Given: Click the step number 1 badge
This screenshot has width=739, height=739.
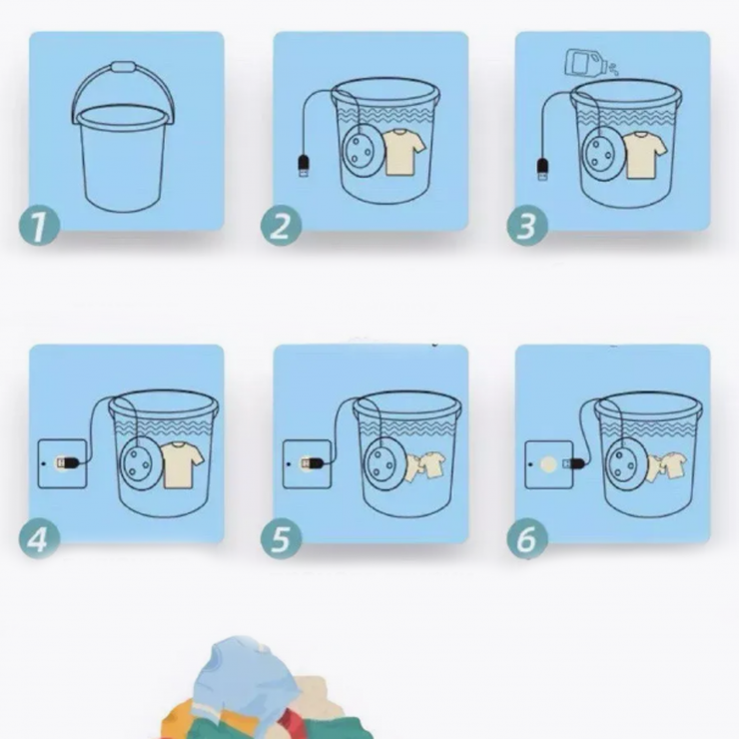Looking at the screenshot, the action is [x=40, y=226].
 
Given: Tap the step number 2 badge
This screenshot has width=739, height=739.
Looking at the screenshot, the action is [x=282, y=226].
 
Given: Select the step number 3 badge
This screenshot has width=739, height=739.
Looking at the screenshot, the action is [x=527, y=226].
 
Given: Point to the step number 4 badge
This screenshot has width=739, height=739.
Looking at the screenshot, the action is [x=40, y=538].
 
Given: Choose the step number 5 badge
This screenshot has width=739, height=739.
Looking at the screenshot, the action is [x=282, y=538].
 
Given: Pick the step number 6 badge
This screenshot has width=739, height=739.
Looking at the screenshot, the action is [x=527, y=538].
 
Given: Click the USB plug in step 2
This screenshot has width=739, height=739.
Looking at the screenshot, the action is [x=304, y=166].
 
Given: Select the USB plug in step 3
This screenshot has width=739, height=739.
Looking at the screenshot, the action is [x=543, y=169].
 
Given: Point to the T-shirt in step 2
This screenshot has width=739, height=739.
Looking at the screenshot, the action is [x=403, y=152].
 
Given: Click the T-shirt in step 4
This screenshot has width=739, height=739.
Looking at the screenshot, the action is [x=182, y=464].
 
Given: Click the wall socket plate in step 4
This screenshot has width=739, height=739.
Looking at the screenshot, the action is [x=62, y=463].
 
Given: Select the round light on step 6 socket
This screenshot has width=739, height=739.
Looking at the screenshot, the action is [x=548, y=464].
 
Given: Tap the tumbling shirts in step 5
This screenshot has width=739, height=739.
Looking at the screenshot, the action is [x=424, y=466].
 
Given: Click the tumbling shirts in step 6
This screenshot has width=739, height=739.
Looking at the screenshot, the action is [x=666, y=466].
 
